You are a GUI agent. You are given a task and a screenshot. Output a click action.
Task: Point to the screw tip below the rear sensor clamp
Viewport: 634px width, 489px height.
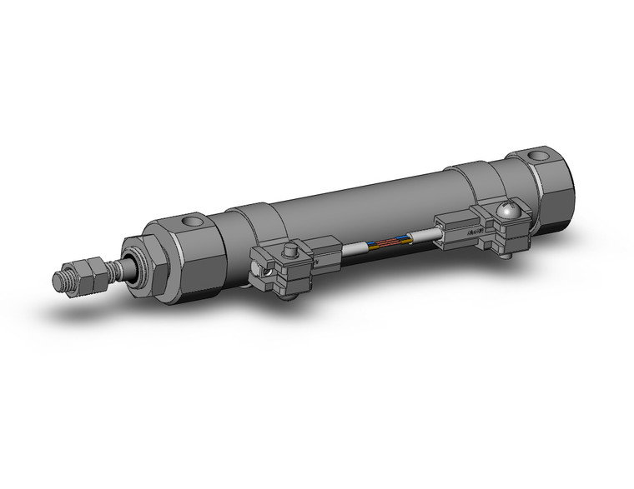[x=507, y=259]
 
